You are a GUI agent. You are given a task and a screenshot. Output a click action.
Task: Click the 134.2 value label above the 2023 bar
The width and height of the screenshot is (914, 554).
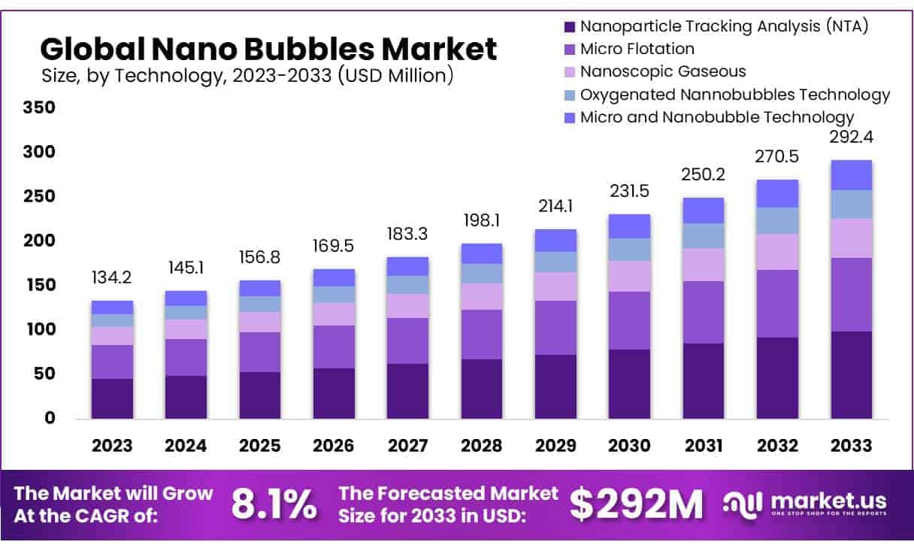coord(112,277)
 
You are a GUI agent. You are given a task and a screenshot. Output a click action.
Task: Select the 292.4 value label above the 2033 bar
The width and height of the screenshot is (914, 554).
coord(851,138)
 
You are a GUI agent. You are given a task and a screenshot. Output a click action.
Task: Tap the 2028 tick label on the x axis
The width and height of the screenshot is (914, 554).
coord(482,446)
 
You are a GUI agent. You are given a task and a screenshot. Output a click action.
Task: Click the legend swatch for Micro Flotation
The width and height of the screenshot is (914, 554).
coord(570,50)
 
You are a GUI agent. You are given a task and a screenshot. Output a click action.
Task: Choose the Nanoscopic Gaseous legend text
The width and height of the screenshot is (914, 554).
coord(663,71)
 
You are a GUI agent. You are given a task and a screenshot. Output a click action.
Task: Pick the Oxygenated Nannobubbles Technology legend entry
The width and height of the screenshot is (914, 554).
coord(734,95)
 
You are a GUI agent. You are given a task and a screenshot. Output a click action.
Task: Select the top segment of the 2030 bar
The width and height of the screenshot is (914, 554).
coord(629,226)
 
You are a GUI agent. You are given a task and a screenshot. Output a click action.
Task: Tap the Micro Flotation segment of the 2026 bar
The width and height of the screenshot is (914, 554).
coord(334,347)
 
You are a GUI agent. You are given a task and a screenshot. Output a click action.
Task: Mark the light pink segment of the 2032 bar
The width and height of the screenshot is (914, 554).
coord(777,251)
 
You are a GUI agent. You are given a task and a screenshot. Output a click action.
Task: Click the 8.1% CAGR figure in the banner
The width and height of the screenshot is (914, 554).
coord(274,504)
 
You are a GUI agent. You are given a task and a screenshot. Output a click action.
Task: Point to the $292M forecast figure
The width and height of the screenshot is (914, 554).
coord(636,504)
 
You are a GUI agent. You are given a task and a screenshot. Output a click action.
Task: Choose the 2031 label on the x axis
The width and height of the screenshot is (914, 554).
coord(704,446)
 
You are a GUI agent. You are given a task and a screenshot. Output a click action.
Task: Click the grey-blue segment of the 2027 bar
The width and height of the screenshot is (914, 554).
coord(407,285)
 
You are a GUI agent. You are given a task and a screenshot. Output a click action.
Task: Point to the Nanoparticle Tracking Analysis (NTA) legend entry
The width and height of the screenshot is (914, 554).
coord(724,27)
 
